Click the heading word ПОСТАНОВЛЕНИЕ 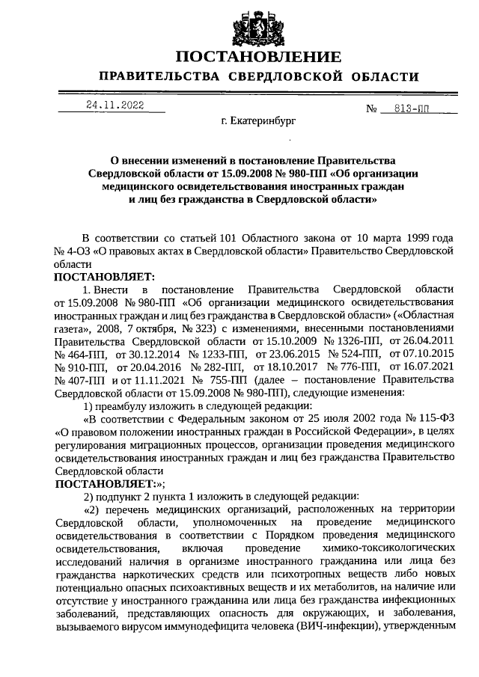[257, 58]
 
